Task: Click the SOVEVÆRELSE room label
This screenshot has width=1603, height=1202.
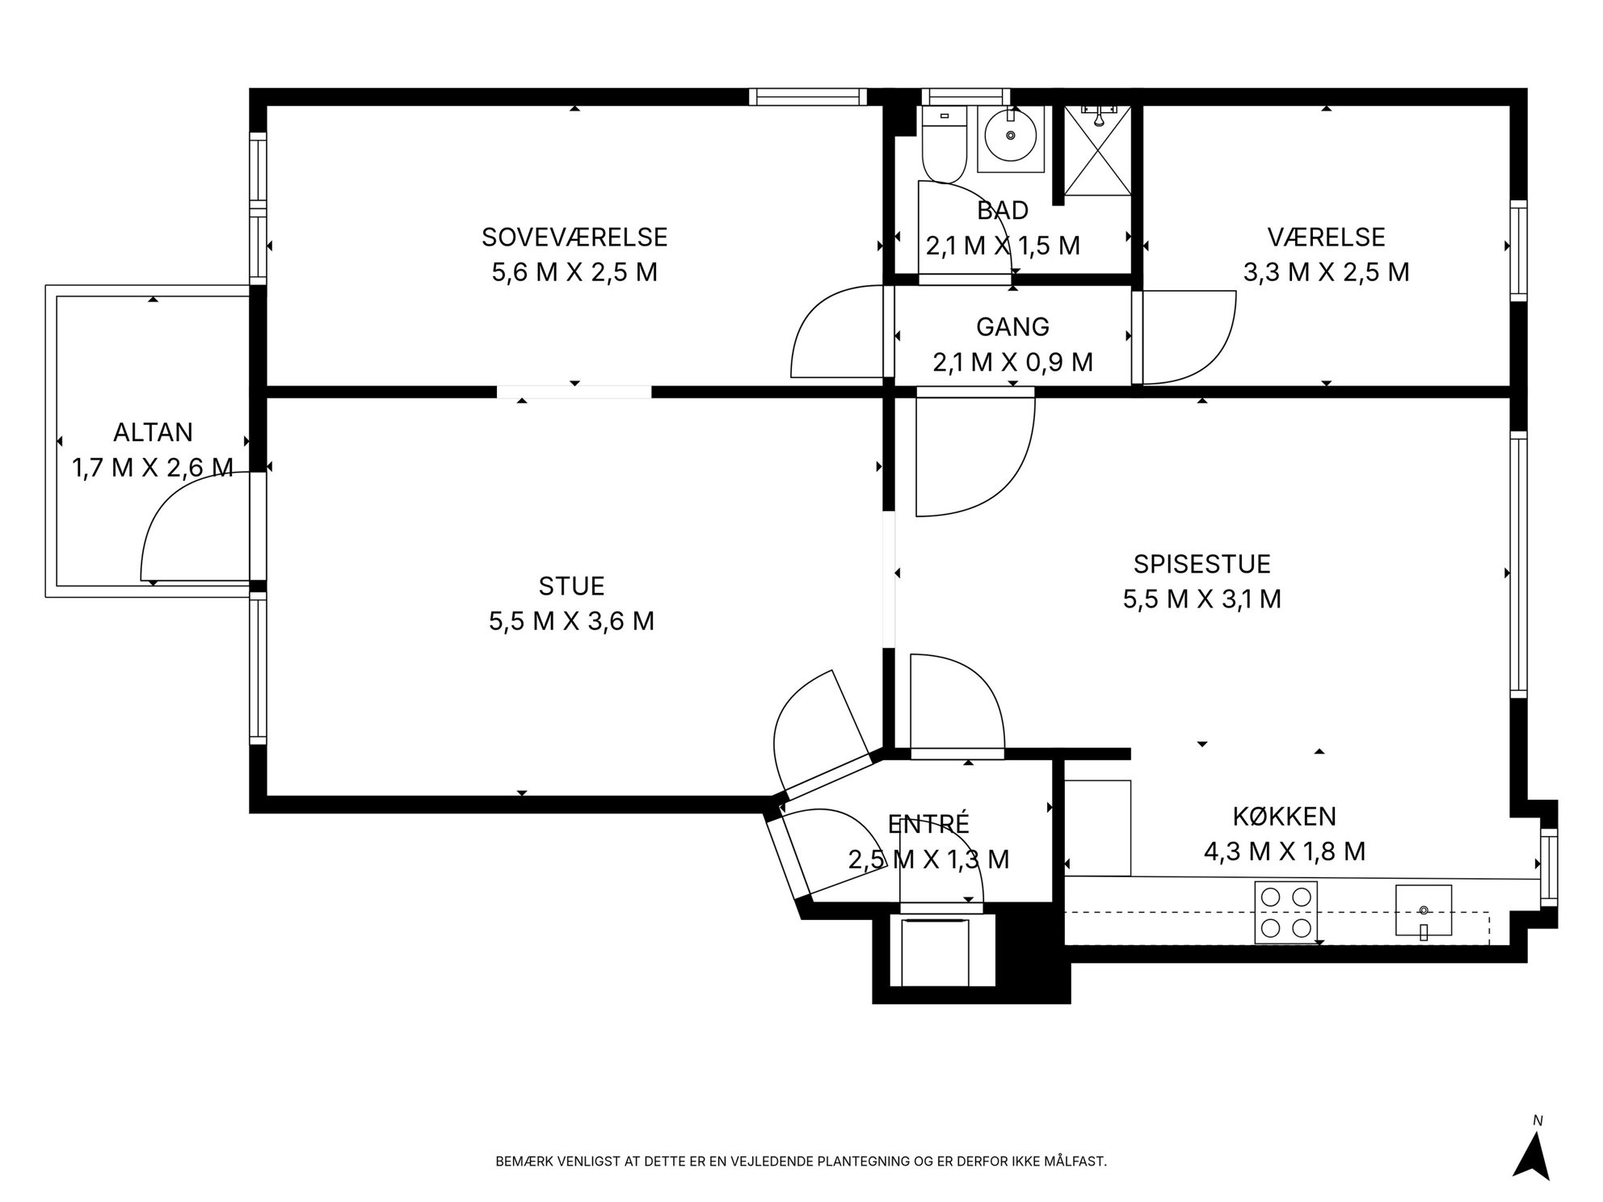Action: pyautogui.click(x=574, y=237)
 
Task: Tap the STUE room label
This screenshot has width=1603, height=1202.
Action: pyautogui.click(x=571, y=586)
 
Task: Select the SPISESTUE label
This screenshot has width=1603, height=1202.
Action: pyautogui.click(x=1201, y=563)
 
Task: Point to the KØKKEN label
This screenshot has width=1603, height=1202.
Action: pyautogui.click(x=1284, y=816)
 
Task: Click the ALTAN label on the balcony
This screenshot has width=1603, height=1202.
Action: pyautogui.click(x=153, y=432)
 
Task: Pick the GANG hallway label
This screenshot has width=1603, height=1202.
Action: pyautogui.click(x=1012, y=326)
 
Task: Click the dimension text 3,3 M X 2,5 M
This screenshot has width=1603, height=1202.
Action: pyautogui.click(x=1326, y=272)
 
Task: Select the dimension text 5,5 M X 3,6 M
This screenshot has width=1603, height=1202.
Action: pyautogui.click(x=571, y=621)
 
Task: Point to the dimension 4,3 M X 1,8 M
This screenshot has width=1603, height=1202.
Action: pyautogui.click(x=1284, y=851)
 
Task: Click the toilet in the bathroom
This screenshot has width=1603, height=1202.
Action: pyautogui.click(x=944, y=145)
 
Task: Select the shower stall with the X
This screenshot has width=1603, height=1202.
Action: pyautogui.click(x=1096, y=150)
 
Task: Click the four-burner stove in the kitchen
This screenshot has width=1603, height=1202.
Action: pyautogui.click(x=1285, y=913)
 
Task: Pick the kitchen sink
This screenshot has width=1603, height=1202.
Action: pyautogui.click(x=1423, y=911)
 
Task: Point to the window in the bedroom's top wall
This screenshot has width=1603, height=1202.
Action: pyautogui.click(x=807, y=97)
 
